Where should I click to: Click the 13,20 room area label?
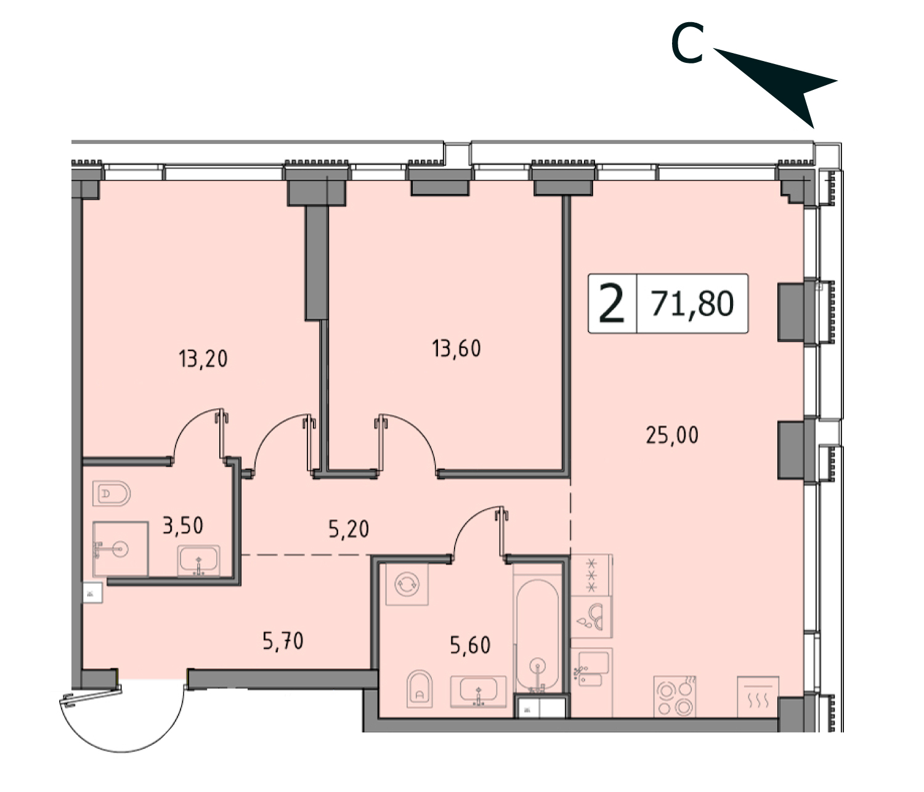coord(203,359)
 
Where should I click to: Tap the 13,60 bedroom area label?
coord(456,349)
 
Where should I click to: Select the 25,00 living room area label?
coord(672,435)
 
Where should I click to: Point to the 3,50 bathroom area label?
coord(183,525)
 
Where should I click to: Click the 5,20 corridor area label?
coord(349,529)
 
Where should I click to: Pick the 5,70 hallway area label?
coord(283,640)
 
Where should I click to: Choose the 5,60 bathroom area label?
coord(470,645)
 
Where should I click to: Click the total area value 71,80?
coord(692,304)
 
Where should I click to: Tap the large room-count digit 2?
coord(611,304)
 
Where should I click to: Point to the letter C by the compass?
coord(687,43)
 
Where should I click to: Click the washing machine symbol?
coord(407,584)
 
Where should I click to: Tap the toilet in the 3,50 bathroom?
coord(111,493)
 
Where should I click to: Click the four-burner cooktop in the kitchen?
coord(675,696)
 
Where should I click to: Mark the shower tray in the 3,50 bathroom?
coord(120,549)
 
